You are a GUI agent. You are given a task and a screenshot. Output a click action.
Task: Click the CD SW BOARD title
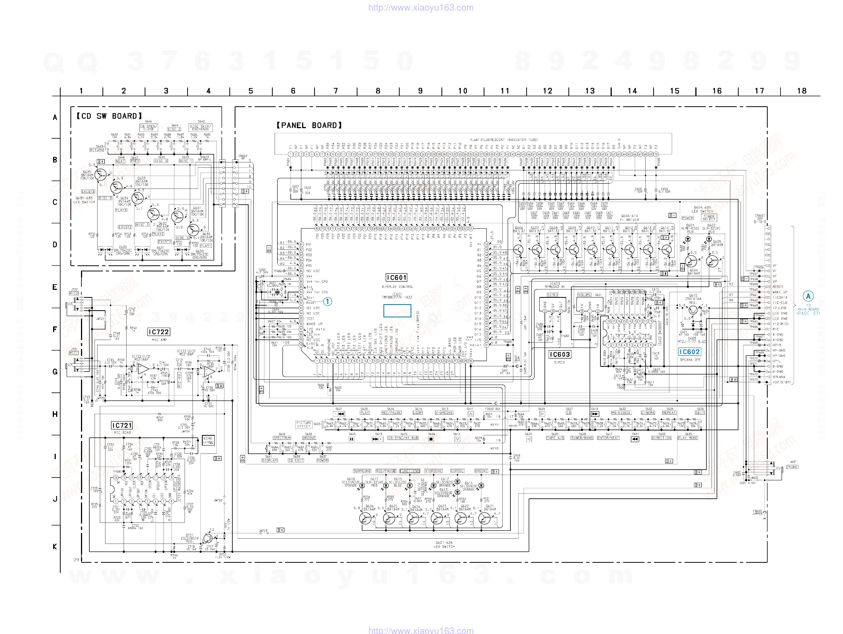(x=109, y=116)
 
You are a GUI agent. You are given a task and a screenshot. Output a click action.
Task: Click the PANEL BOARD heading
(x=309, y=125)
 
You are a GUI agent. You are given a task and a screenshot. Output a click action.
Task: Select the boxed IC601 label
(x=396, y=277)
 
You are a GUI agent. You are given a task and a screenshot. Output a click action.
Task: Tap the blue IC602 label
(x=689, y=352)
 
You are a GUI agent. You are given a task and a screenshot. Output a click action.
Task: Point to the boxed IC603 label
(x=559, y=354)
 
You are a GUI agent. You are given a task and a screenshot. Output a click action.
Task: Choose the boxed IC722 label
(x=159, y=332)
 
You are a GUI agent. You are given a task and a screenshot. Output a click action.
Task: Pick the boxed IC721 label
(x=122, y=425)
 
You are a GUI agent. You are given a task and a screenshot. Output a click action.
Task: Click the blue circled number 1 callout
(x=327, y=302)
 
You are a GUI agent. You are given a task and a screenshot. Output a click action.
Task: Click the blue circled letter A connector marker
(x=808, y=296)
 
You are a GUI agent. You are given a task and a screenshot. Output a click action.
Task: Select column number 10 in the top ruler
(x=463, y=91)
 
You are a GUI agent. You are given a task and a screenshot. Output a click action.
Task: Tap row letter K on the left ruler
(x=55, y=547)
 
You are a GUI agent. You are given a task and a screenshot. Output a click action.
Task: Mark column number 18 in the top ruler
(x=802, y=91)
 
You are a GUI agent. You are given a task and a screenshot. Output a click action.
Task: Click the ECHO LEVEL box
(x=208, y=440)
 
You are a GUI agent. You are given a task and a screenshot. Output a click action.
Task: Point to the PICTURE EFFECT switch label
(x=304, y=424)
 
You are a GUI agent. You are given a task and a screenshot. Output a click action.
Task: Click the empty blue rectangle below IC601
(x=397, y=311)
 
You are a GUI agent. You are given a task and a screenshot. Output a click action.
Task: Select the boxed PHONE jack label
(x=792, y=467)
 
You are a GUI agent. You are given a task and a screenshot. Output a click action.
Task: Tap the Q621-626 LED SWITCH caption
(x=444, y=544)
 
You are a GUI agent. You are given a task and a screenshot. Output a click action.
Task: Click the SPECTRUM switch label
(x=282, y=438)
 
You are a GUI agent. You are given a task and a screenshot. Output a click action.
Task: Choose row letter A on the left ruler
(x=55, y=118)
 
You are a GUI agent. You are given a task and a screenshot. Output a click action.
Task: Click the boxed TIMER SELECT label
(x=709, y=218)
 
